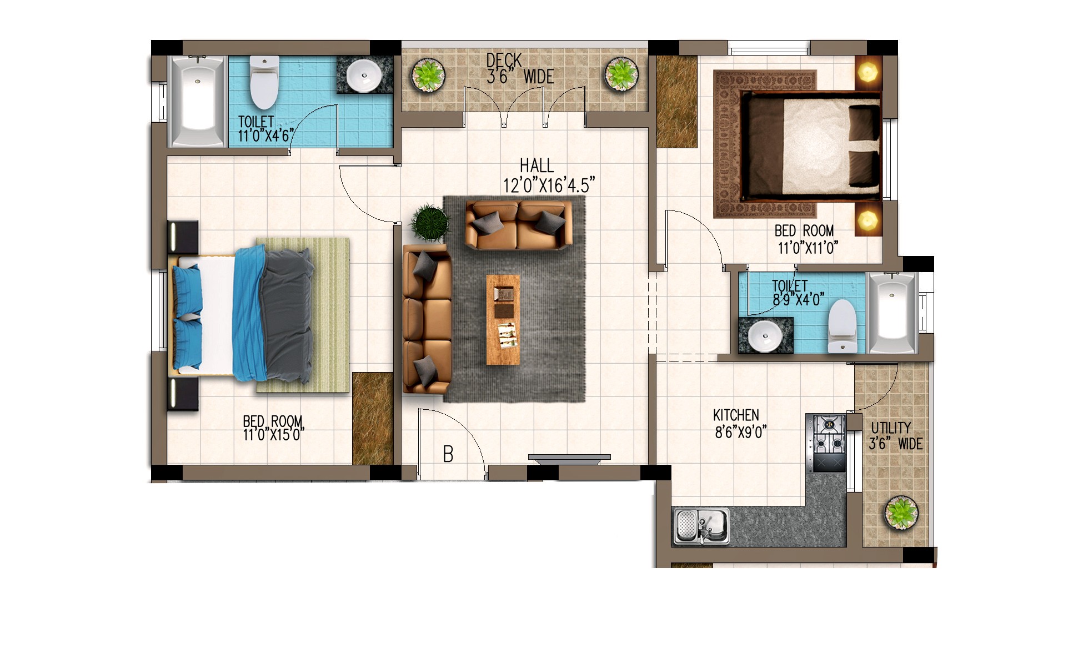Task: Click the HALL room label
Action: click(x=537, y=165)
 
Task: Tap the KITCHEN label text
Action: click(x=736, y=415)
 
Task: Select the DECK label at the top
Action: click(x=504, y=60)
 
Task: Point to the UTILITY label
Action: click(x=891, y=428)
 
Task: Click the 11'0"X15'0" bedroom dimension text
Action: click(x=274, y=434)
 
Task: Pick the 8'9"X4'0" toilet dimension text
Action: click(x=799, y=300)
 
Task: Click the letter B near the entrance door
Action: click(x=448, y=454)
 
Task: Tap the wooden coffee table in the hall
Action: click(x=503, y=320)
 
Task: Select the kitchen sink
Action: click(x=701, y=526)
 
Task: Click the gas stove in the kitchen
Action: click(x=827, y=444)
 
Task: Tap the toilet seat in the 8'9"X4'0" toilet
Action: click(x=842, y=326)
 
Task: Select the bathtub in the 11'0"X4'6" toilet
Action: click(x=197, y=101)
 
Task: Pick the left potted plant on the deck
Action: click(x=428, y=75)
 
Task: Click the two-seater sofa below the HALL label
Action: click(x=519, y=225)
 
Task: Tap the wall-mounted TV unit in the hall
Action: click(x=569, y=458)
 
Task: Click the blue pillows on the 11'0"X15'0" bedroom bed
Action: click(x=187, y=317)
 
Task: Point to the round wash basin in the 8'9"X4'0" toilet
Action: click(x=765, y=336)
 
